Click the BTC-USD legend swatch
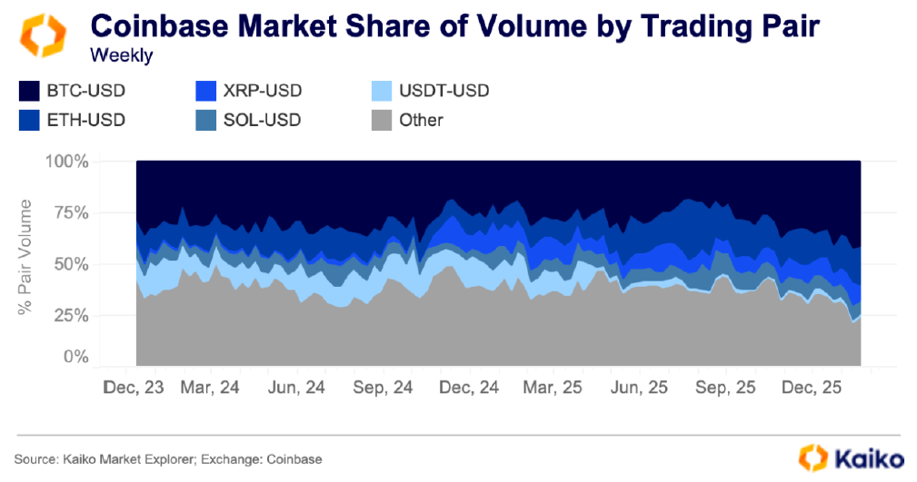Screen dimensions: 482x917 (27, 91)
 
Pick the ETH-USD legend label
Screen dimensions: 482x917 (85, 120)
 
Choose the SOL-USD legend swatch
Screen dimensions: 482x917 (205, 120)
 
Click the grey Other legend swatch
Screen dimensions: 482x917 (383, 120)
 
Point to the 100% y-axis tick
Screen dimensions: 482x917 (67, 162)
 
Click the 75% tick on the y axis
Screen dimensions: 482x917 (72, 213)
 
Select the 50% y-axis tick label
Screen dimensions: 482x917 (72, 264)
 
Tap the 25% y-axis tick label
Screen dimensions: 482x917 (72, 316)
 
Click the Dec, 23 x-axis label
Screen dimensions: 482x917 (135, 387)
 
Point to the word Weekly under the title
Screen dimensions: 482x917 (122, 55)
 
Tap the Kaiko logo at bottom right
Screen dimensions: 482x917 (851, 457)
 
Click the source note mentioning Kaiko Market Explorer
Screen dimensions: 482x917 (168, 459)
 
